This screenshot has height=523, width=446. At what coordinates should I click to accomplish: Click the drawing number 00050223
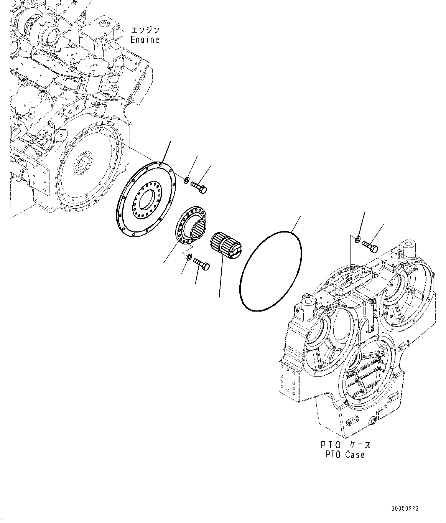(405, 508)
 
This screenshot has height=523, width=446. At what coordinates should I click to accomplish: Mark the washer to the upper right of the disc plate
(186, 180)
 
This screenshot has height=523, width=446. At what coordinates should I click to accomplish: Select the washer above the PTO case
(357, 239)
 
